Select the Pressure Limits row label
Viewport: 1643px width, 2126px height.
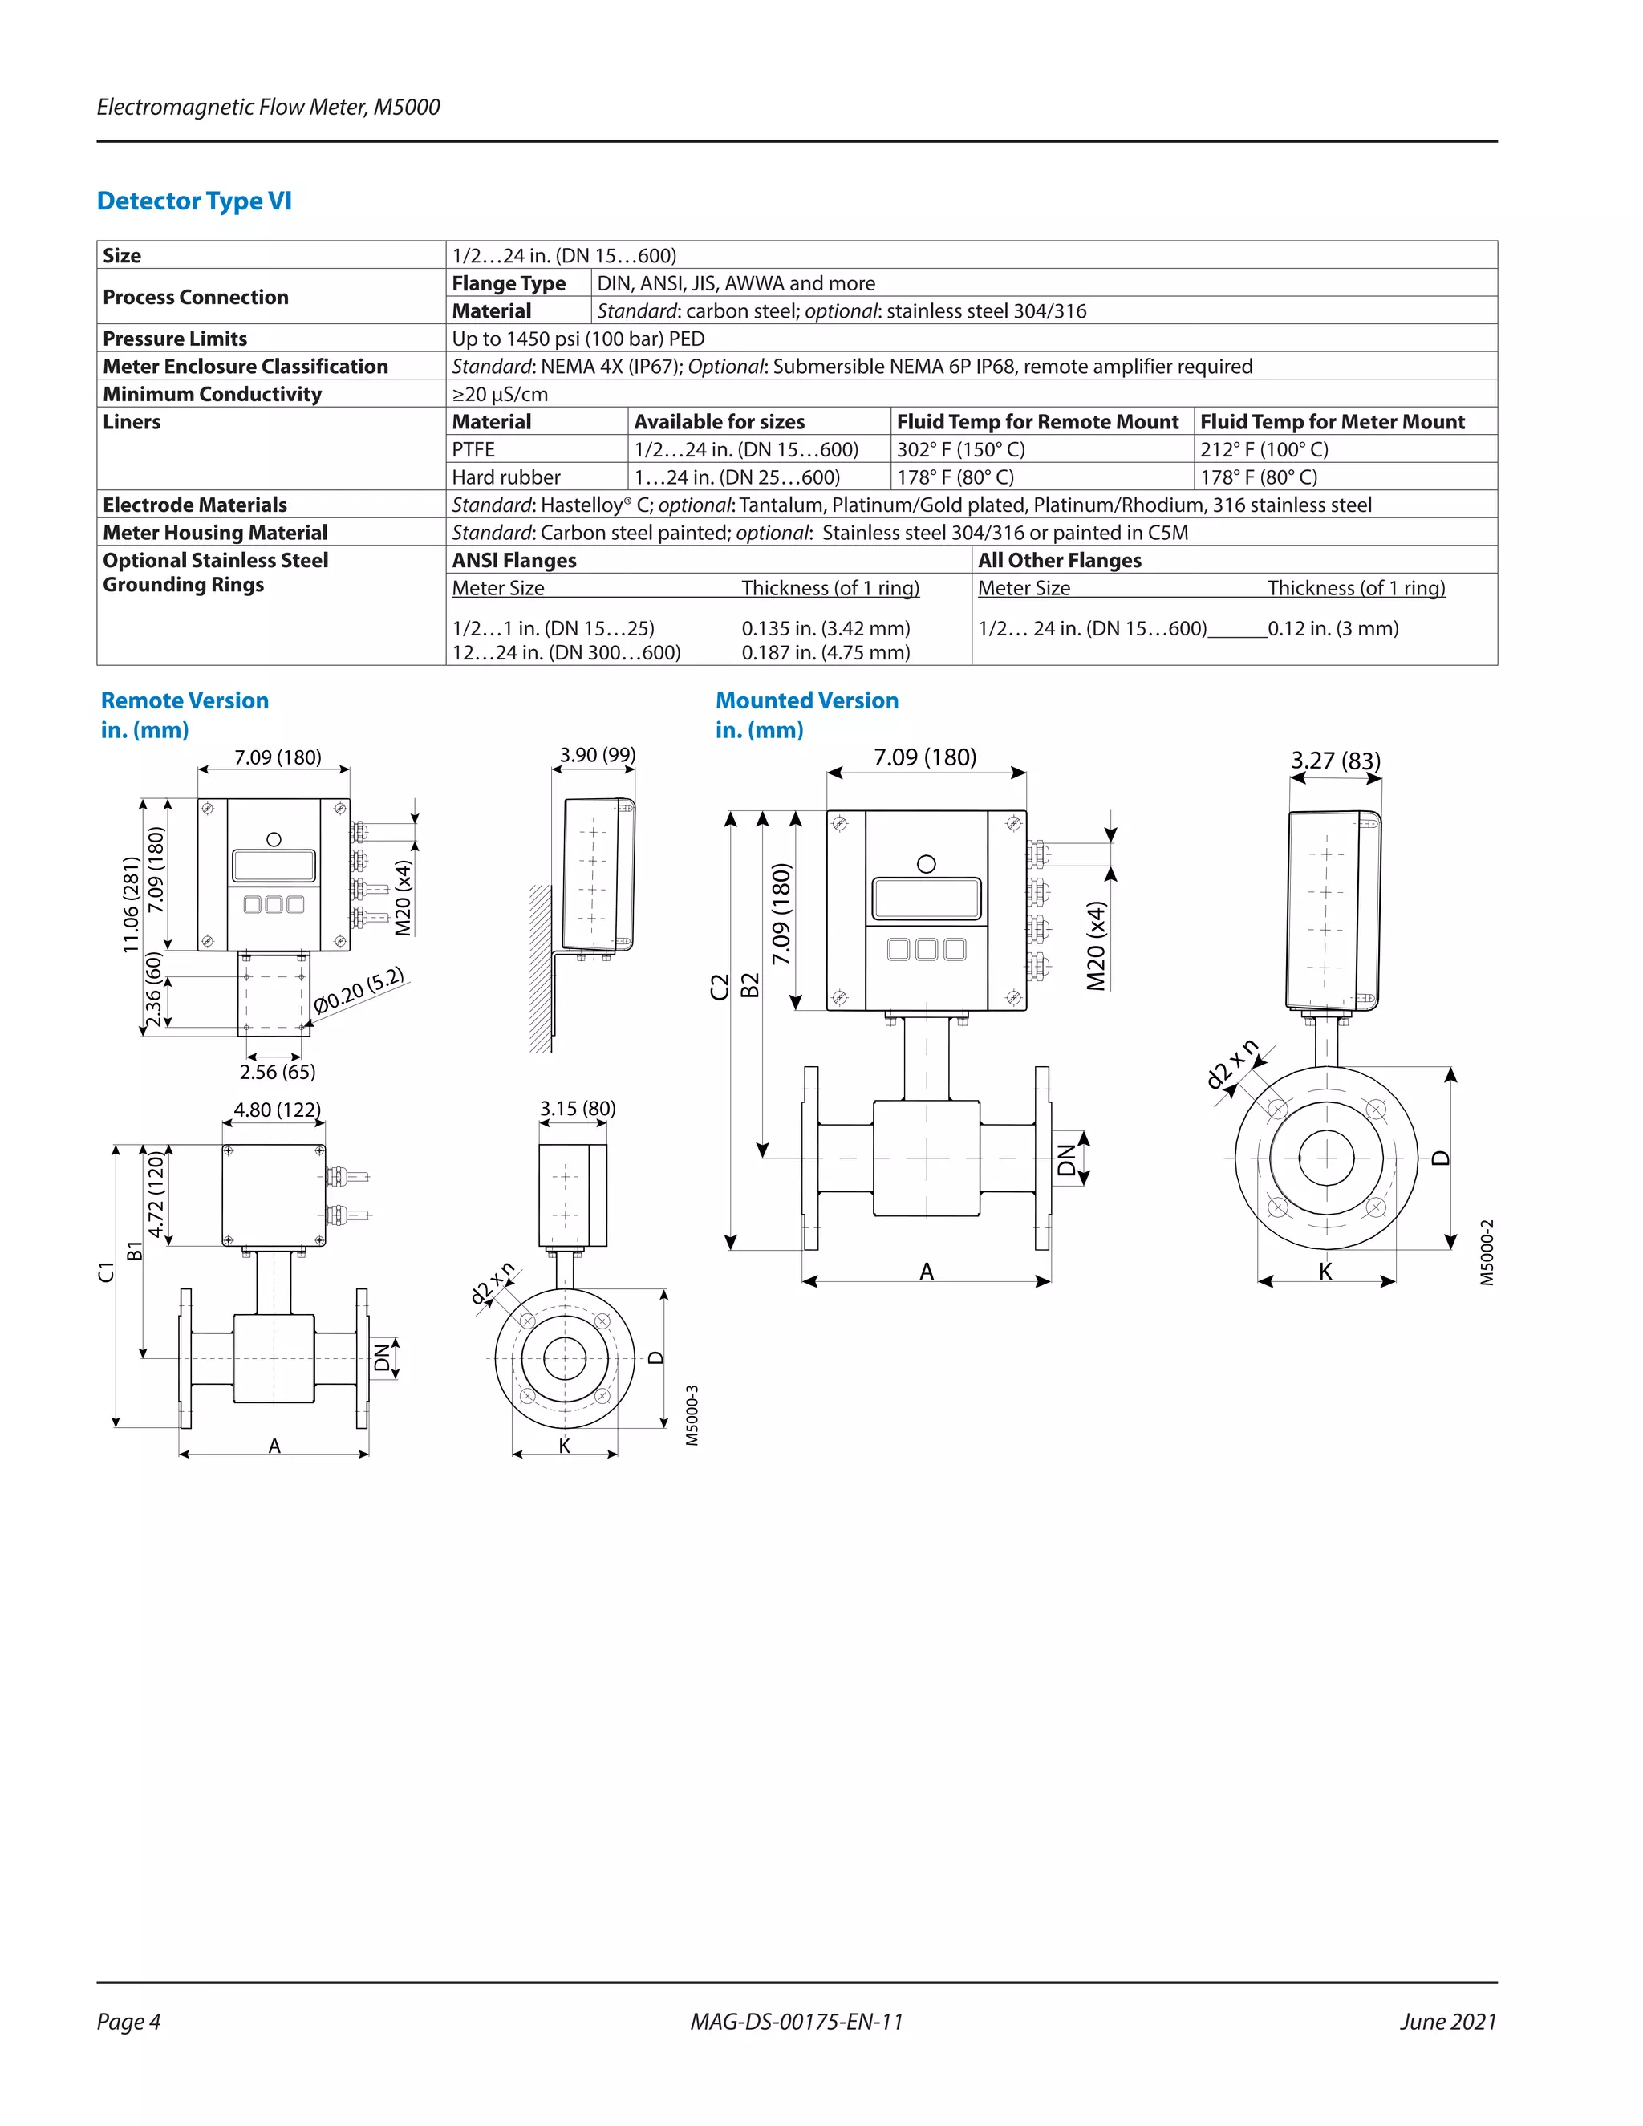click(175, 339)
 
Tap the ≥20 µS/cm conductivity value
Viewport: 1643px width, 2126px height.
click(499, 394)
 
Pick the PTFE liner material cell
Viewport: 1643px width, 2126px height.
click(473, 450)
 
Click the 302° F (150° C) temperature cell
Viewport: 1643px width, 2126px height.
click(960, 450)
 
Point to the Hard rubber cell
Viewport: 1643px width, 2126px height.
click(506, 477)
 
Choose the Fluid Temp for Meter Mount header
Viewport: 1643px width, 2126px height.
click(1332, 421)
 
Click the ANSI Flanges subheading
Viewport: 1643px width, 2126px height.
click(514, 561)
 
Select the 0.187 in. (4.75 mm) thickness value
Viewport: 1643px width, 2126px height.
click(826, 652)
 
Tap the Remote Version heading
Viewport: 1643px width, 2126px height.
click(185, 701)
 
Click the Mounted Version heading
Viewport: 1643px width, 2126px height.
click(807, 701)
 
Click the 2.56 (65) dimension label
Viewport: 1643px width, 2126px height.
click(278, 1072)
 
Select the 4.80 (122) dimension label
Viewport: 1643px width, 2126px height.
click(278, 1110)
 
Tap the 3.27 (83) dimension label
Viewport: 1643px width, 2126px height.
click(1336, 761)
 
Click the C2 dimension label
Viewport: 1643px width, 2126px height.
click(720, 987)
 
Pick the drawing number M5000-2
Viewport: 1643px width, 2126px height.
click(1487, 1253)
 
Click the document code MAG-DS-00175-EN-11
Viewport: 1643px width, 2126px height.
click(796, 2022)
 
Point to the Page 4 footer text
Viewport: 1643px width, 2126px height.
click(128, 2022)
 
